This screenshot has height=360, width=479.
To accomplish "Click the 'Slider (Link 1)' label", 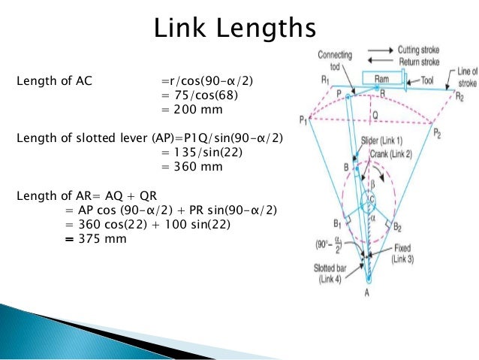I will click(383, 143).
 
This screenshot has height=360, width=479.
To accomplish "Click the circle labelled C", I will click(371, 198).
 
